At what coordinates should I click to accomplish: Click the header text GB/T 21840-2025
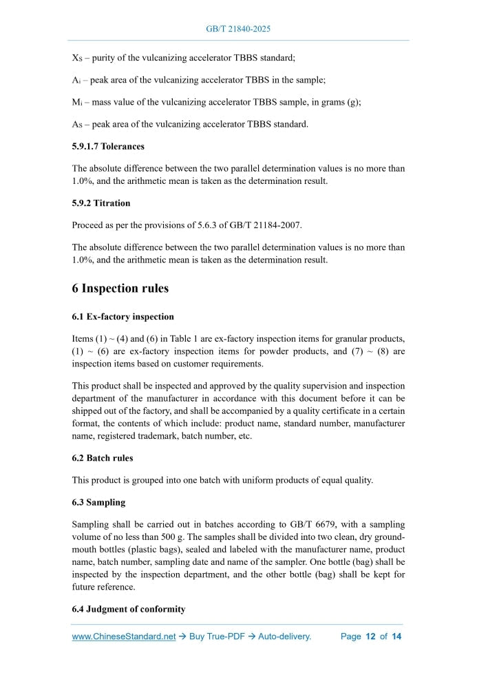tap(238, 29)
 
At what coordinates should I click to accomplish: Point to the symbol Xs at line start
tap(77, 58)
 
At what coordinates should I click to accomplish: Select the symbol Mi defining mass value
tap(78, 102)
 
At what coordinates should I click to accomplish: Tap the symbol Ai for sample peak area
tap(77, 80)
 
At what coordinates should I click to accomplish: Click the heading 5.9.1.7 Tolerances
tap(108, 146)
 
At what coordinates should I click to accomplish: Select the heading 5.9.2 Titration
tap(100, 203)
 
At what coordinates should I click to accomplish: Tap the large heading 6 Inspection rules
tap(120, 289)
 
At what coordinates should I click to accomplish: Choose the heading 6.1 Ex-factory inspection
tap(123, 317)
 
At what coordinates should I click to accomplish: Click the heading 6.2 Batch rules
tap(103, 458)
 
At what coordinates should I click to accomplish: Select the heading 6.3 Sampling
tap(98, 503)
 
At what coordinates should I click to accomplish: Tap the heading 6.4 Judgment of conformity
tap(129, 610)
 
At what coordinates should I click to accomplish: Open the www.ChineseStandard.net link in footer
tap(124, 637)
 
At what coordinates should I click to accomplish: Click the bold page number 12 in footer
tap(370, 637)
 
